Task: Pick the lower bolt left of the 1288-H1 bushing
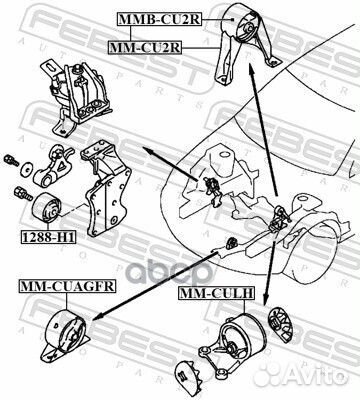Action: click(x=19, y=189)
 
